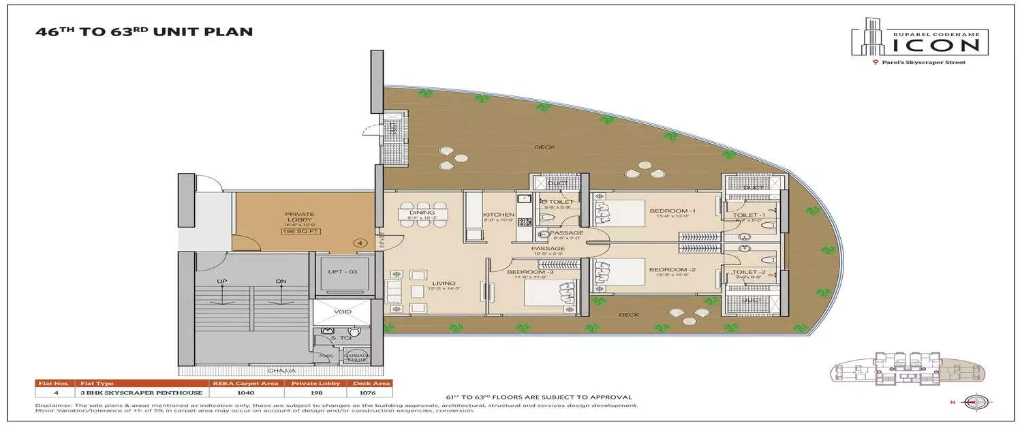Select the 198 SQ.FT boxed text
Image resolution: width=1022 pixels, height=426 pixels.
click(x=300, y=232)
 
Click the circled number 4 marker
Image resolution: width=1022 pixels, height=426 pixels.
click(x=358, y=242)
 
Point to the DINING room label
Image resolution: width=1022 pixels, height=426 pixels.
click(x=422, y=213)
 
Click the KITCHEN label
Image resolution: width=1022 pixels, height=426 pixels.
click(x=498, y=215)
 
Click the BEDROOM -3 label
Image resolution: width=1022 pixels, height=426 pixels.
click(x=527, y=272)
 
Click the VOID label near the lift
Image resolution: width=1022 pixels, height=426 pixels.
click(x=343, y=311)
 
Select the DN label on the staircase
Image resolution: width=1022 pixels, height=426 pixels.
click(x=280, y=281)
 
